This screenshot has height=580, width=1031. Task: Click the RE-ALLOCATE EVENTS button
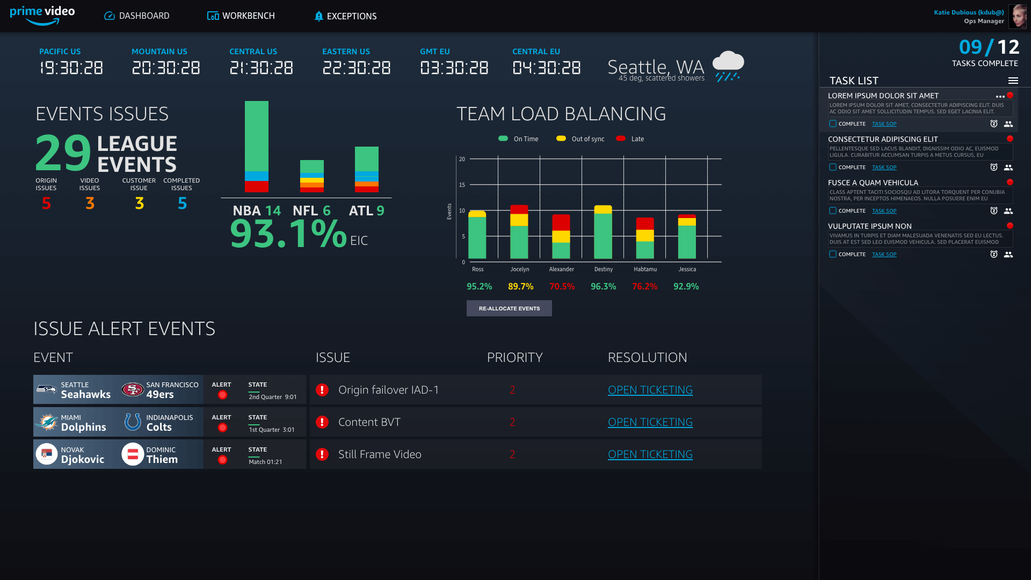(x=509, y=308)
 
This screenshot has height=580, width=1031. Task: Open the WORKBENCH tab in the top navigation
(x=241, y=16)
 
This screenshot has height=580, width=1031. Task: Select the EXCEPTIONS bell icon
(x=318, y=16)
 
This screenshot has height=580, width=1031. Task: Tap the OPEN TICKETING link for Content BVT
(x=650, y=422)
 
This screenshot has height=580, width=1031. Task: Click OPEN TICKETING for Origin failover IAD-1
(x=650, y=390)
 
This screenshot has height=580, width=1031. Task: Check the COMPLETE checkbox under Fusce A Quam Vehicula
(x=833, y=211)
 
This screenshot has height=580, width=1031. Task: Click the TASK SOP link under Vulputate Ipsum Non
(x=884, y=255)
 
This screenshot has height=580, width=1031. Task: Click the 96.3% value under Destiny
(x=603, y=287)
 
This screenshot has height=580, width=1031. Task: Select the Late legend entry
(x=630, y=139)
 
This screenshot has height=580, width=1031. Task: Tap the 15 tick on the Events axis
(x=462, y=185)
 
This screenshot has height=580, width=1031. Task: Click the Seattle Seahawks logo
(x=47, y=389)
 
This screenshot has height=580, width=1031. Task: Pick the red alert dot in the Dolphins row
(x=222, y=427)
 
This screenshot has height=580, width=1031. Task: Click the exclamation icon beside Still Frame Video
(x=322, y=454)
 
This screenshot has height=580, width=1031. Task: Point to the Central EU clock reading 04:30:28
(x=547, y=68)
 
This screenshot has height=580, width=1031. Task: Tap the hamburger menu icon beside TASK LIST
(x=1013, y=81)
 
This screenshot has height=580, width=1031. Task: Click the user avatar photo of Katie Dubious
(x=1017, y=16)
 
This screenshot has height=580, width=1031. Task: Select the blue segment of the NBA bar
(x=257, y=176)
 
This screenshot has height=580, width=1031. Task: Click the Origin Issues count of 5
(x=47, y=203)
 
